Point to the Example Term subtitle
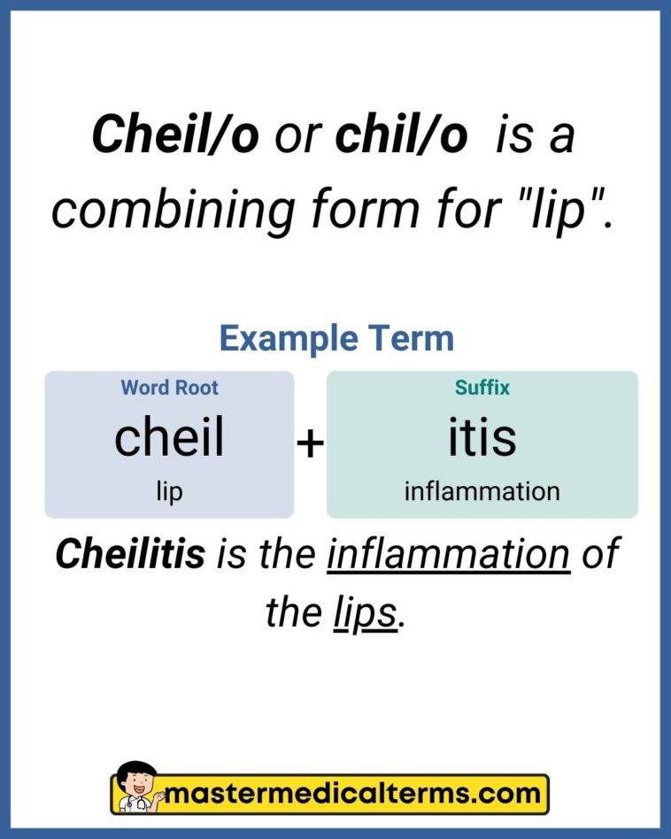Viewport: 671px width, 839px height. point(336,338)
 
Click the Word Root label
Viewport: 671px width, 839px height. point(169,388)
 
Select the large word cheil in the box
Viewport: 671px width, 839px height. point(169,437)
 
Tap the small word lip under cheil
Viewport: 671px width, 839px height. point(169,491)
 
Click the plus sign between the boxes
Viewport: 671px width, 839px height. point(310,443)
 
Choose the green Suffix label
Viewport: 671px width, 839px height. point(482,388)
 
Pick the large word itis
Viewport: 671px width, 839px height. point(482,437)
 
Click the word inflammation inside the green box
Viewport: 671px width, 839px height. point(482,491)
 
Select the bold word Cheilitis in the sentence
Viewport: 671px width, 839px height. point(130,555)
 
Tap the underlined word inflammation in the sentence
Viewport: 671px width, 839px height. point(449,555)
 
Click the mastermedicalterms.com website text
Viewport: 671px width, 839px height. point(354,793)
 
